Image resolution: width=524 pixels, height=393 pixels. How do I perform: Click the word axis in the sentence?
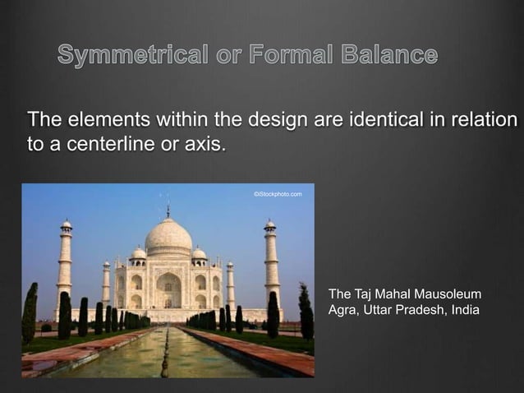pos(205,146)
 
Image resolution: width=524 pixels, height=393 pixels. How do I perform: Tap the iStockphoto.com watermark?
pos(278,194)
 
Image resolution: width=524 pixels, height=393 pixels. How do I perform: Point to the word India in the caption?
pos(462,310)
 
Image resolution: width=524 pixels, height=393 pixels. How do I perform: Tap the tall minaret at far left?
pos(65,263)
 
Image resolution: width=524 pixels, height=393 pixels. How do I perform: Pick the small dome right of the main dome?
pos(199,253)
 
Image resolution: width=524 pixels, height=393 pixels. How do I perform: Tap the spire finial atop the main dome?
pos(168,210)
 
